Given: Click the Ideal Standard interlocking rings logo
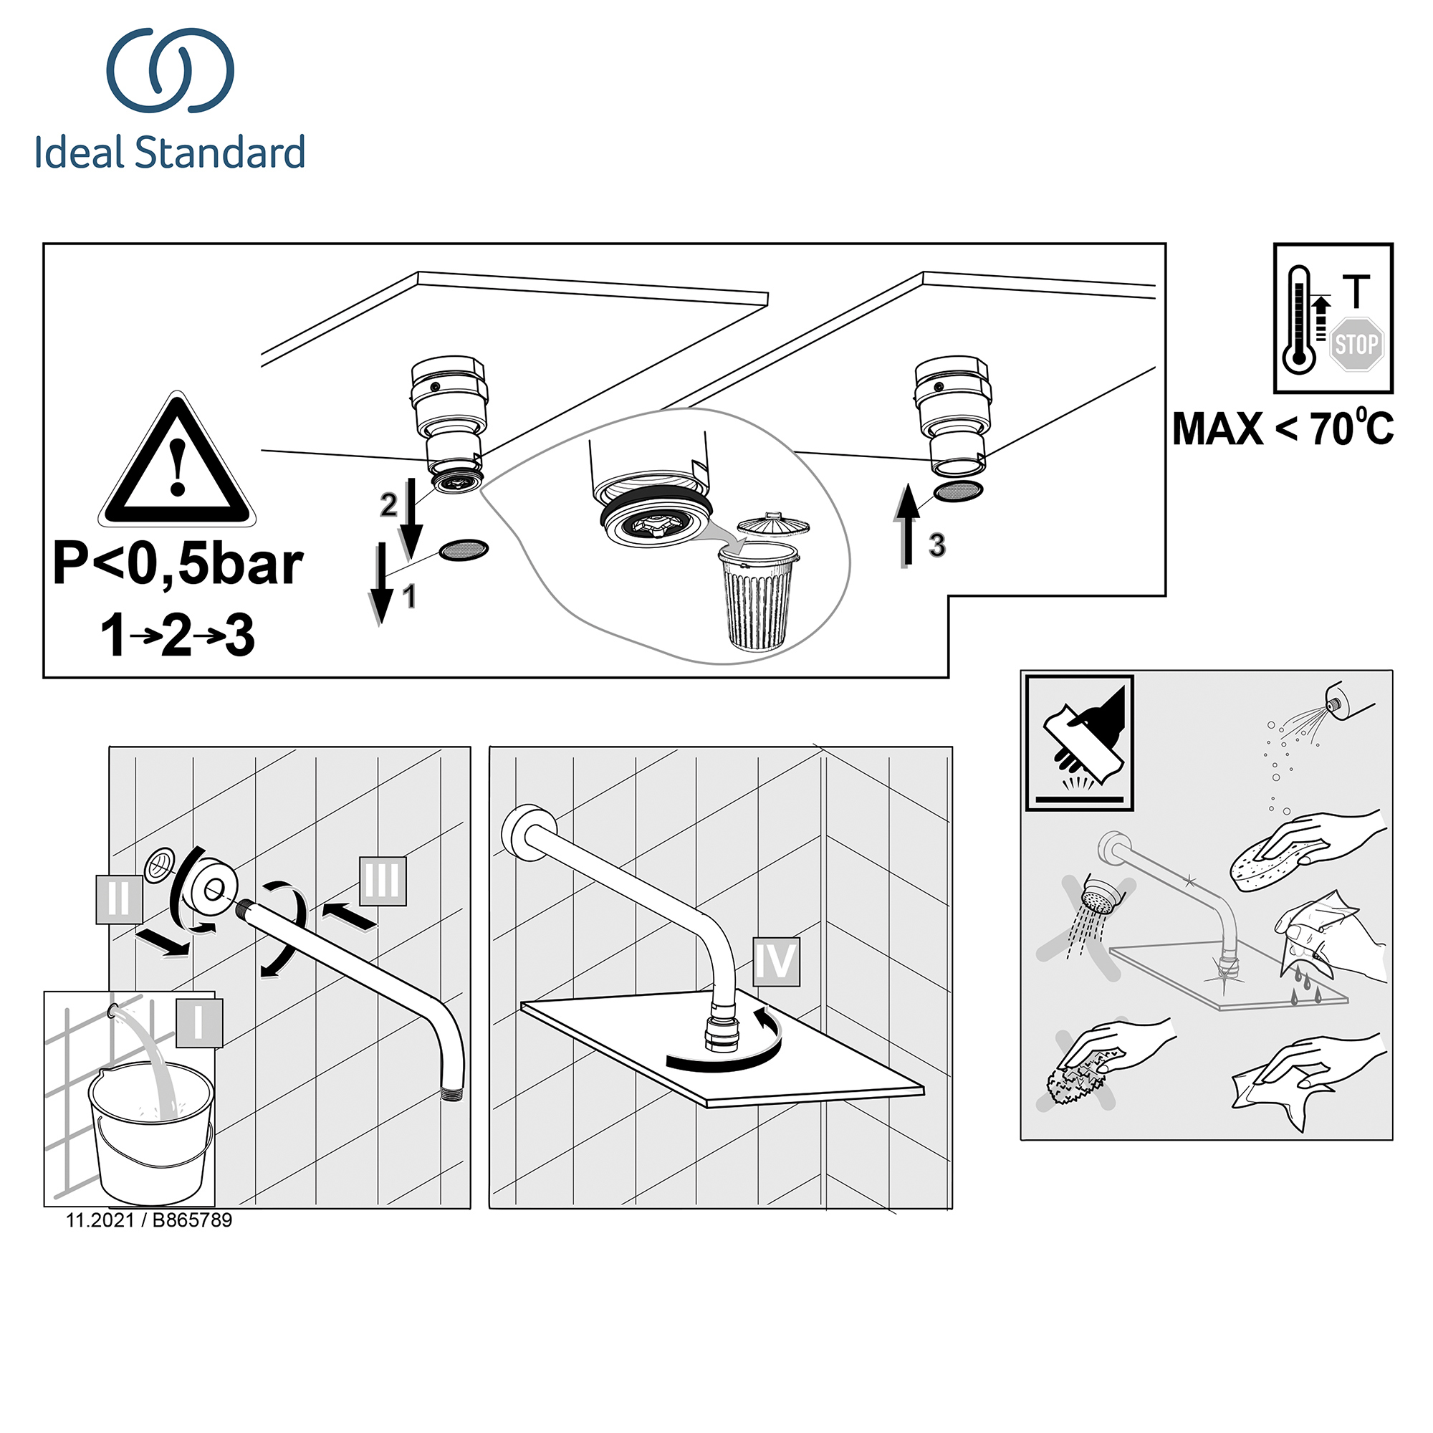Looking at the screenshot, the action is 171,70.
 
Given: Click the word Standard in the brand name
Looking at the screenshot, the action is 220,152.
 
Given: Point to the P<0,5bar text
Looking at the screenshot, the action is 178,565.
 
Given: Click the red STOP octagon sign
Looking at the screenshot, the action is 1356,344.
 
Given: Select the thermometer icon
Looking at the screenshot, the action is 1299,320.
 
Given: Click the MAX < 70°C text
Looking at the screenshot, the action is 1283,428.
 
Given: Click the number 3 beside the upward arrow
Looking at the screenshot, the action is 936,545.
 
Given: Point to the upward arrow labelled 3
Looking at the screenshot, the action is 906,524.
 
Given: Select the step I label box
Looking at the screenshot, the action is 198,1024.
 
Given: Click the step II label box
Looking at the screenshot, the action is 119,900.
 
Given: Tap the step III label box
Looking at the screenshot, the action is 383,881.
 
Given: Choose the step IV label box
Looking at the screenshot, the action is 776,962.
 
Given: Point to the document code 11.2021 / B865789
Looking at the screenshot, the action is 149,1220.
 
